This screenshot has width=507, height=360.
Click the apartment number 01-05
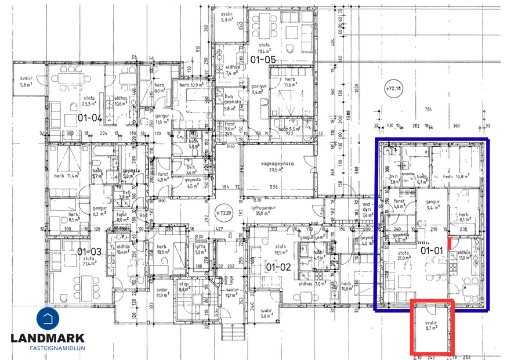(x=262, y=60)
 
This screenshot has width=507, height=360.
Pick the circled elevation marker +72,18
(x=396, y=88)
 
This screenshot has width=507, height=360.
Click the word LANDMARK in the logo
(x=48, y=338)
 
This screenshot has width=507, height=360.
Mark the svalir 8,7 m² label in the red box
(x=430, y=325)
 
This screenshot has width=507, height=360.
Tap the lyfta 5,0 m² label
(x=200, y=250)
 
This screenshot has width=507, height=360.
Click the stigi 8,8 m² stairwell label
(x=185, y=287)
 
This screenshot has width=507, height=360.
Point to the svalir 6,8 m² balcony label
(x=227, y=16)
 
